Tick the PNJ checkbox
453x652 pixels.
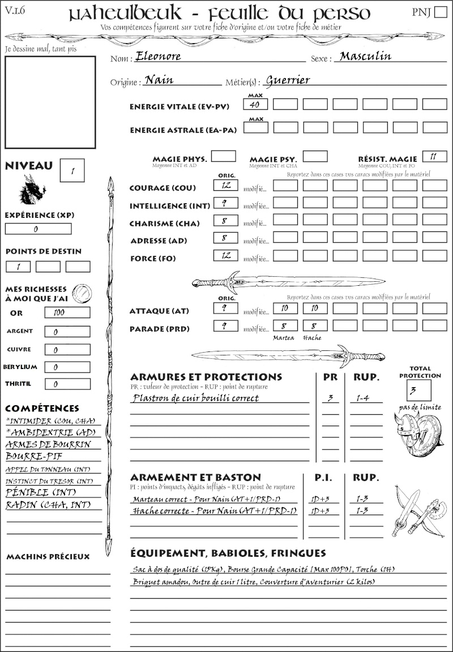[439, 13]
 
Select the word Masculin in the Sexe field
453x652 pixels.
[365, 57]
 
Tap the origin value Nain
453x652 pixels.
[159, 80]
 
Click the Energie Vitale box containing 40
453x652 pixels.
[255, 104]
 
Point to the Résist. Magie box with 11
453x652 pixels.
[434, 156]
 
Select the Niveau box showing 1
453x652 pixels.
[72, 170]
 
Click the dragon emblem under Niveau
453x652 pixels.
[32, 189]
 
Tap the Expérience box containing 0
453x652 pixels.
[38, 229]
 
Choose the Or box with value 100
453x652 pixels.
[67, 312]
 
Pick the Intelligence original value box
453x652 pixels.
[225, 203]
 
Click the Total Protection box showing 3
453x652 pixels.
[418, 390]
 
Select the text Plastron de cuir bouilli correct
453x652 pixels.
[195, 398]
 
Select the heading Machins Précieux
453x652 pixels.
[48, 556]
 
